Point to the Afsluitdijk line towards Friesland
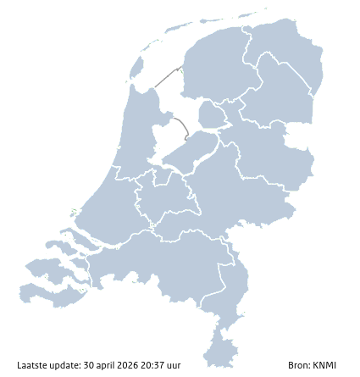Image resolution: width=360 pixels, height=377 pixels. click(x=166, y=75)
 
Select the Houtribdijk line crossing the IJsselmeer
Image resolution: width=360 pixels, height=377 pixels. click(x=180, y=127)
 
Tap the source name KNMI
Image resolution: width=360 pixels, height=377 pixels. click(x=324, y=366)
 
